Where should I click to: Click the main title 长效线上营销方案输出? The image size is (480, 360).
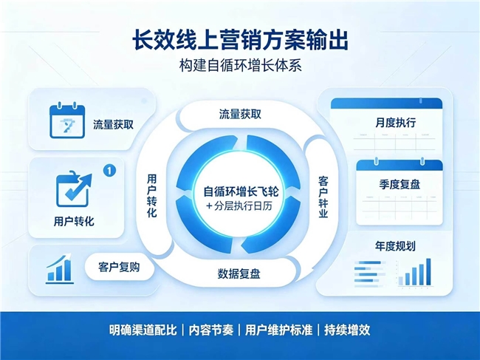tap(240, 39)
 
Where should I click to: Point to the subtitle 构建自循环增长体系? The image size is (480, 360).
tap(240, 66)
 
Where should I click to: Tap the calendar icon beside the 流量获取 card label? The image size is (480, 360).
tap(67, 120)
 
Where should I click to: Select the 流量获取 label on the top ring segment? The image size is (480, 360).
tap(240, 115)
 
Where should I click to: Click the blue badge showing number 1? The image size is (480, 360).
tap(109, 170)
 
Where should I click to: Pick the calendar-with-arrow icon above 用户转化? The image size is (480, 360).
tap(74, 189)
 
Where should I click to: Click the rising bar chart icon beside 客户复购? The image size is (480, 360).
tap(59, 268)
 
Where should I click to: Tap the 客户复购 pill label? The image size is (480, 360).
tap(119, 267)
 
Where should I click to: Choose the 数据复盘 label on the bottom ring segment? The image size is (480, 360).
tap(239, 274)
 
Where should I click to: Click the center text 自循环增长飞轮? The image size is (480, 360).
tap(241, 191)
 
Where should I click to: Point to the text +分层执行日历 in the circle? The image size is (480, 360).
tap(239, 206)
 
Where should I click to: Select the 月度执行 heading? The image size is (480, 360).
tap(396, 123)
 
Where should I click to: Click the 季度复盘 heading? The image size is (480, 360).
tap(400, 185)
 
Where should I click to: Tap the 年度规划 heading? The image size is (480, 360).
tap(395, 246)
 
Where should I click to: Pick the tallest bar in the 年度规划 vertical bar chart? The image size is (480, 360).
tap(428, 272)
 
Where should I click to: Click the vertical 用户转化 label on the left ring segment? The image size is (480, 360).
tap(152, 196)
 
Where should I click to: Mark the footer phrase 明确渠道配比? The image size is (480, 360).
tap(143, 330)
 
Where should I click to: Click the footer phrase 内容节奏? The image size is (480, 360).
tap(211, 330)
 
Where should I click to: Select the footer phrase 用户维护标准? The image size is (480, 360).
tap(278, 330)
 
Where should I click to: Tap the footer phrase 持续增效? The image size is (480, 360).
tap(347, 330)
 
